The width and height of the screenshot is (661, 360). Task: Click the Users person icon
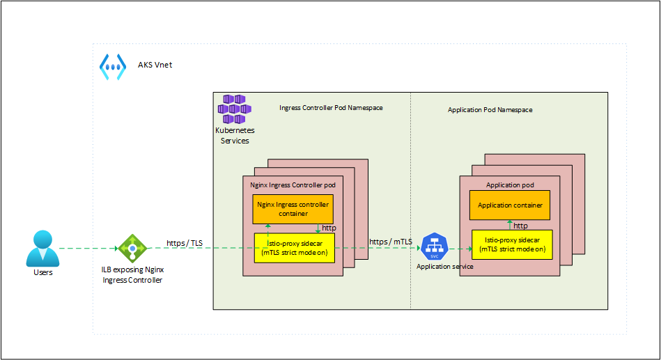click(x=42, y=248)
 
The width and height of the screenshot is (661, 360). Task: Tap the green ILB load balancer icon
click(x=131, y=248)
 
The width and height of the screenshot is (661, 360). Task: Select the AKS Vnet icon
click(x=111, y=65)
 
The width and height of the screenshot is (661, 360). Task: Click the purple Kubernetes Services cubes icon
click(x=234, y=109)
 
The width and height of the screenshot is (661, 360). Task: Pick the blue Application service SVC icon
click(x=434, y=247)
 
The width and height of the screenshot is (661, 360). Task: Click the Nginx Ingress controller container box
click(x=293, y=209)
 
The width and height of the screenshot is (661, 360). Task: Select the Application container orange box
click(x=510, y=205)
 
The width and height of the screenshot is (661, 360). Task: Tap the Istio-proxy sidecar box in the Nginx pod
click(x=294, y=249)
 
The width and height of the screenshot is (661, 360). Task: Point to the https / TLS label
click(x=185, y=243)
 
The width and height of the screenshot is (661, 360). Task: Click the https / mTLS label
click(x=391, y=242)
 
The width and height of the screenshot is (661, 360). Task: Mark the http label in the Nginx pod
click(x=329, y=228)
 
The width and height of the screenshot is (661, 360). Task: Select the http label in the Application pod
click(x=520, y=225)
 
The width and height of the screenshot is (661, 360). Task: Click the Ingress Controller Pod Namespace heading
click(x=331, y=108)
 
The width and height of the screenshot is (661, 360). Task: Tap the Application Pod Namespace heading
click(x=490, y=110)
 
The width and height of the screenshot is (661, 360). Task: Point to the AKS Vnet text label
click(x=154, y=65)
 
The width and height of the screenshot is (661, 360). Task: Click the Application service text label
click(x=444, y=267)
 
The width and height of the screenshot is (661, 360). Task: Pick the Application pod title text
click(x=510, y=185)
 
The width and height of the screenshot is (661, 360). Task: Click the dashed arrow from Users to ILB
click(x=87, y=248)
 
